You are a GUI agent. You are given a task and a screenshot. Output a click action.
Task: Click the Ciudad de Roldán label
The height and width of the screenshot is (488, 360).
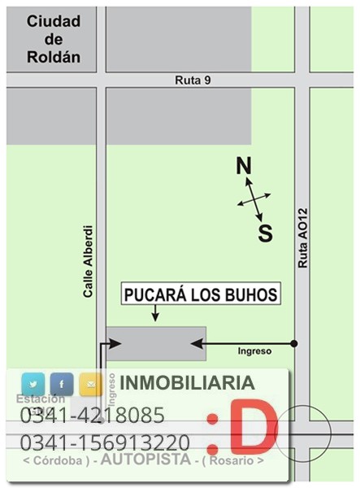click(54, 40)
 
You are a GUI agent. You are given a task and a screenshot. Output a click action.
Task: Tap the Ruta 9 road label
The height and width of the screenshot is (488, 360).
click(192, 80)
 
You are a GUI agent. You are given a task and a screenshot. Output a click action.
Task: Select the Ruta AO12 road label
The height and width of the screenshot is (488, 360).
click(302, 237)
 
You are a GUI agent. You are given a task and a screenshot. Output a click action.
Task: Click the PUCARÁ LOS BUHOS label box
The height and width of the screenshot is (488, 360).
click(201, 294)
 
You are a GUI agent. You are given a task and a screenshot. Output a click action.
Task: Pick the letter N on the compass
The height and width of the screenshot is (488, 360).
click(243, 167)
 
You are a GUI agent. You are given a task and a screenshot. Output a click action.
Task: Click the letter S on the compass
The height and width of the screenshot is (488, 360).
click(266, 234)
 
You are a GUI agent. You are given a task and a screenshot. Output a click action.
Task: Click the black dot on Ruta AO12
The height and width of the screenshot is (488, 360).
click(294, 343)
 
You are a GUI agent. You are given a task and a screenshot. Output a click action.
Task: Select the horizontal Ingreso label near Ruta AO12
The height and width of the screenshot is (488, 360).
click(254, 351)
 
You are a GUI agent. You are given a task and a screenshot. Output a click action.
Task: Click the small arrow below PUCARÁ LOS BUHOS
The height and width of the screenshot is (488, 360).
click(154, 315)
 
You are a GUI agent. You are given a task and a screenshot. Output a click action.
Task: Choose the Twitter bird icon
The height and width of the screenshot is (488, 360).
click(33, 383)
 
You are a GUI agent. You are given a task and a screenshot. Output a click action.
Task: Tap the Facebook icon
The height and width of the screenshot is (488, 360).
click(62, 383)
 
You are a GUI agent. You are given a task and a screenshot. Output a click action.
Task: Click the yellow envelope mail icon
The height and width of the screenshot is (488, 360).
click(89, 383)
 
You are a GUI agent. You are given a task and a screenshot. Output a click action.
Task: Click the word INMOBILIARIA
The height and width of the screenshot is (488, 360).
click(187, 383)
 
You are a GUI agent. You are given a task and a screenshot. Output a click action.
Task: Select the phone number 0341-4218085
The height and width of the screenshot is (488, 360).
click(92, 416)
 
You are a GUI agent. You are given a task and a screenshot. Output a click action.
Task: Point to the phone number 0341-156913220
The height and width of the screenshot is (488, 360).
click(105, 443)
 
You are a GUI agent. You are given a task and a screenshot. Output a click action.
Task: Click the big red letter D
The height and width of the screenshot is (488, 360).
click(252, 425)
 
